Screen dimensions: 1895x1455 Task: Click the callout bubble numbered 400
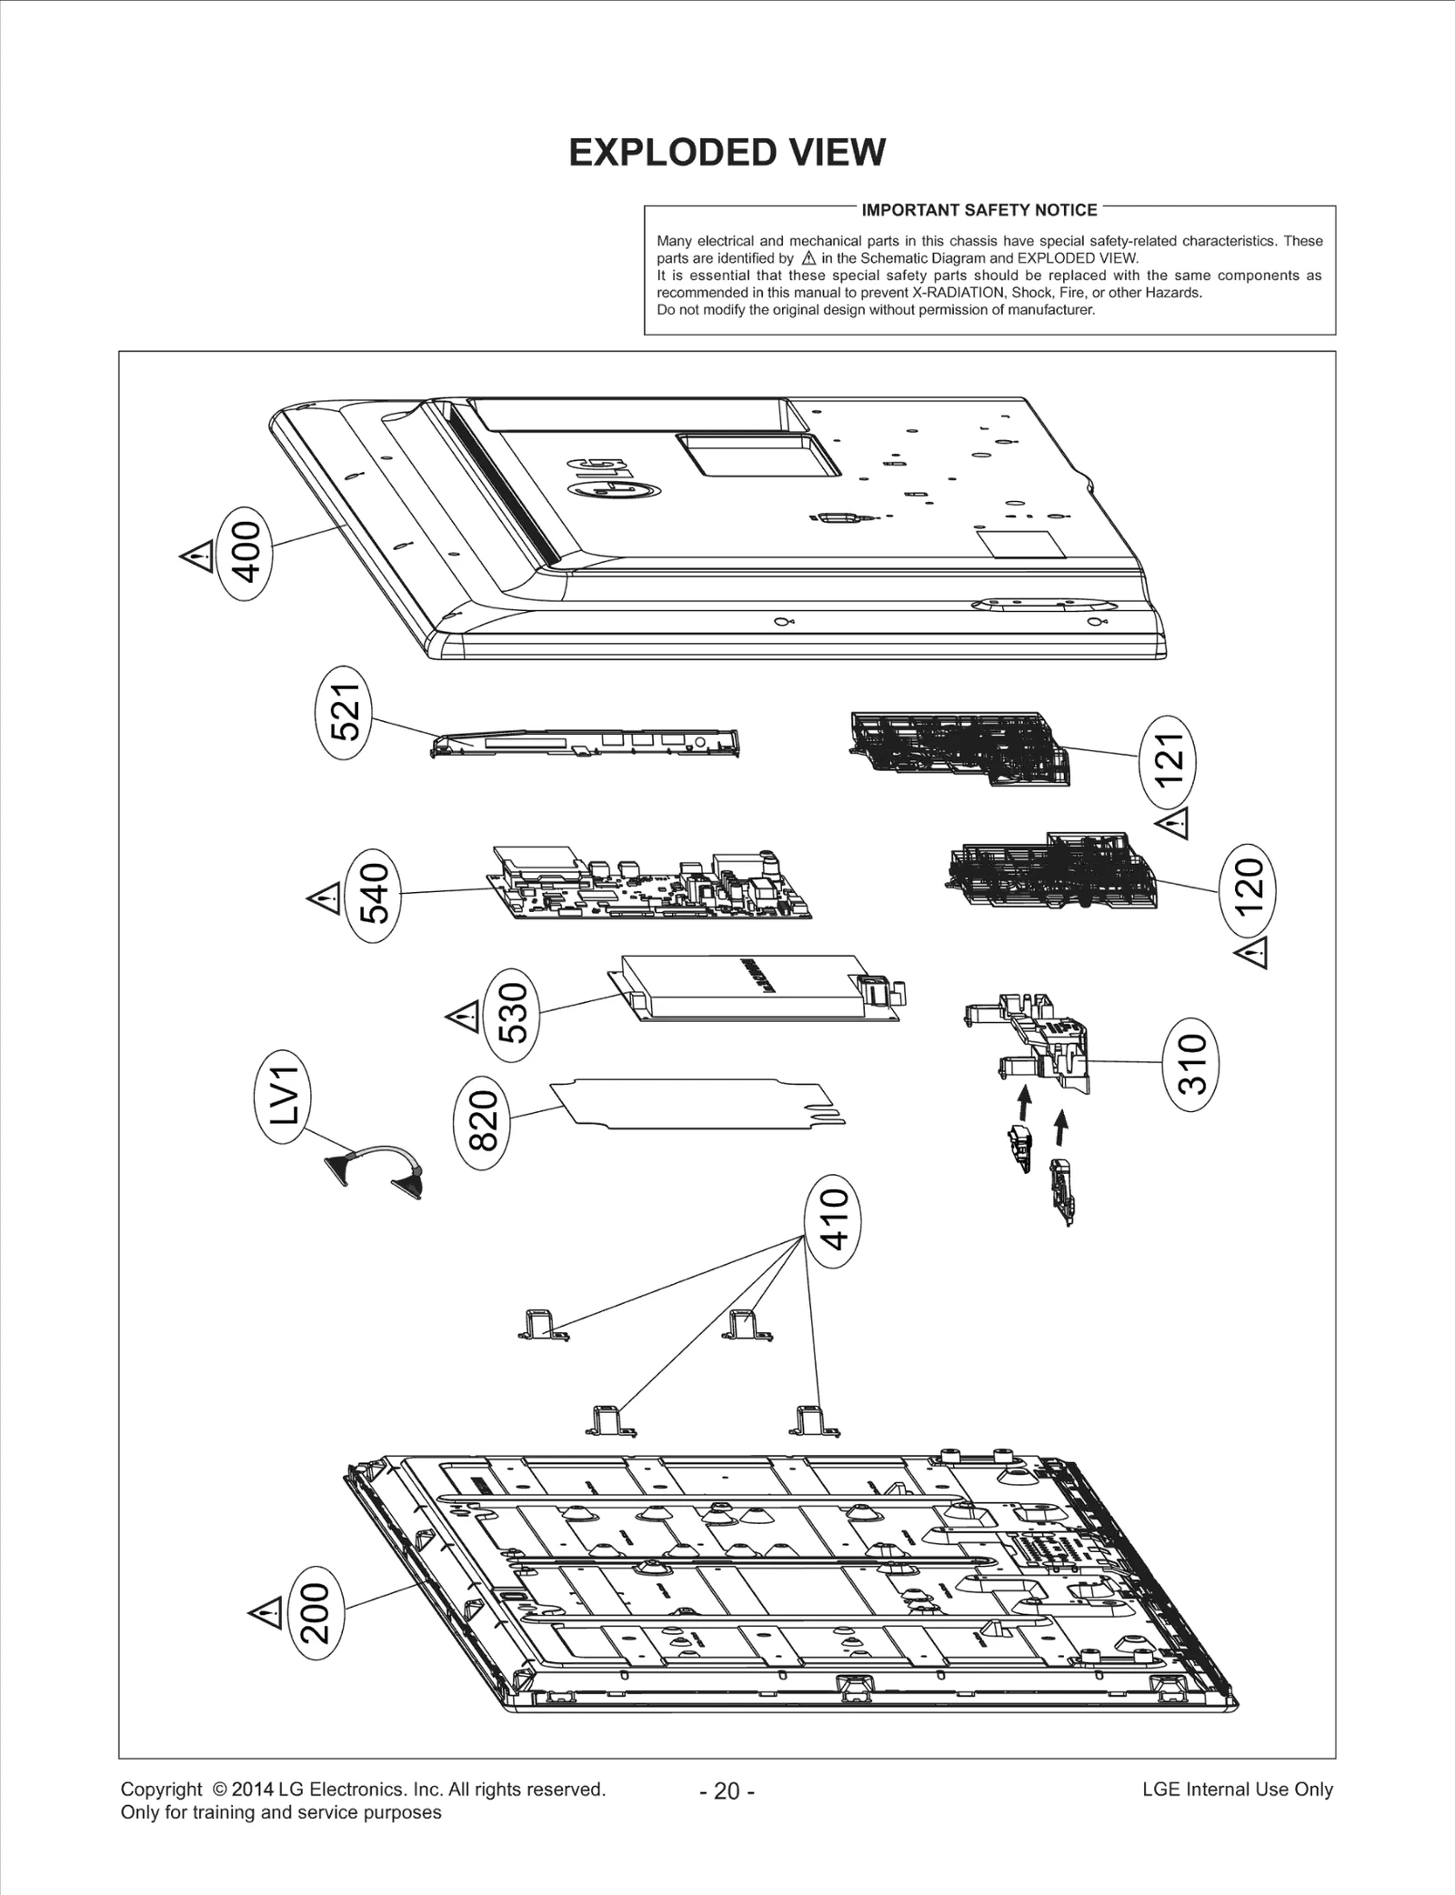point(246,552)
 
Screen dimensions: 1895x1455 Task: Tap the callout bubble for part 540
point(374,895)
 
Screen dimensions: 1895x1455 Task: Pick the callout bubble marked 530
point(513,1014)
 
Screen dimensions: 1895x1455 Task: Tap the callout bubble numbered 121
point(1169,759)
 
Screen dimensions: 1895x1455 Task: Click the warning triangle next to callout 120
point(1252,955)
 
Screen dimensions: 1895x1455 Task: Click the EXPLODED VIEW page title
point(727,153)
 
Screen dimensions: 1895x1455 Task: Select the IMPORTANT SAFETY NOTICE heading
point(979,210)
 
